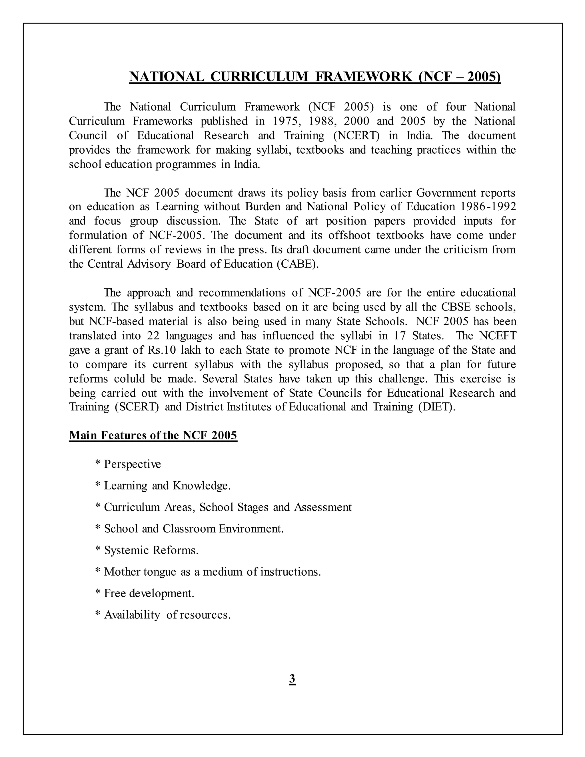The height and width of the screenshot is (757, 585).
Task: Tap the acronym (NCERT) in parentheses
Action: coord(356,135)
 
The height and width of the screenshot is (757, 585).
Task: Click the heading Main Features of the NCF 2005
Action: coord(153,435)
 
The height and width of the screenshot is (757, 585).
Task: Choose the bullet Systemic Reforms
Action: coord(151,550)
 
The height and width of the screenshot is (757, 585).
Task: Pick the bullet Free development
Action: coord(149,593)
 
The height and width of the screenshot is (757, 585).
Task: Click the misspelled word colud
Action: coord(130,379)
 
